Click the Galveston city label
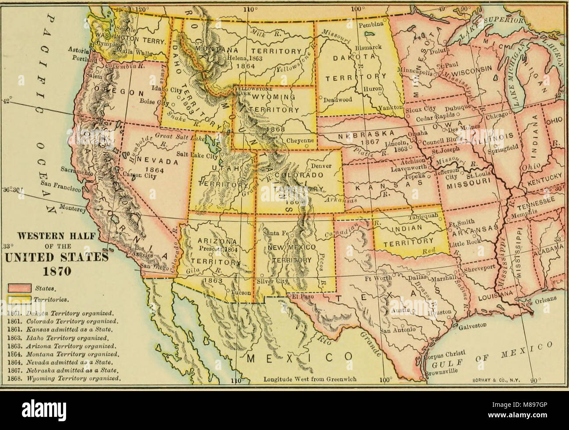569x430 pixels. pyautogui.click(x=474, y=326)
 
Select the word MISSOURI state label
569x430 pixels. pyautogui.click(x=465, y=186)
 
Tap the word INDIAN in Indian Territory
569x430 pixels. pyautogui.click(x=407, y=228)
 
